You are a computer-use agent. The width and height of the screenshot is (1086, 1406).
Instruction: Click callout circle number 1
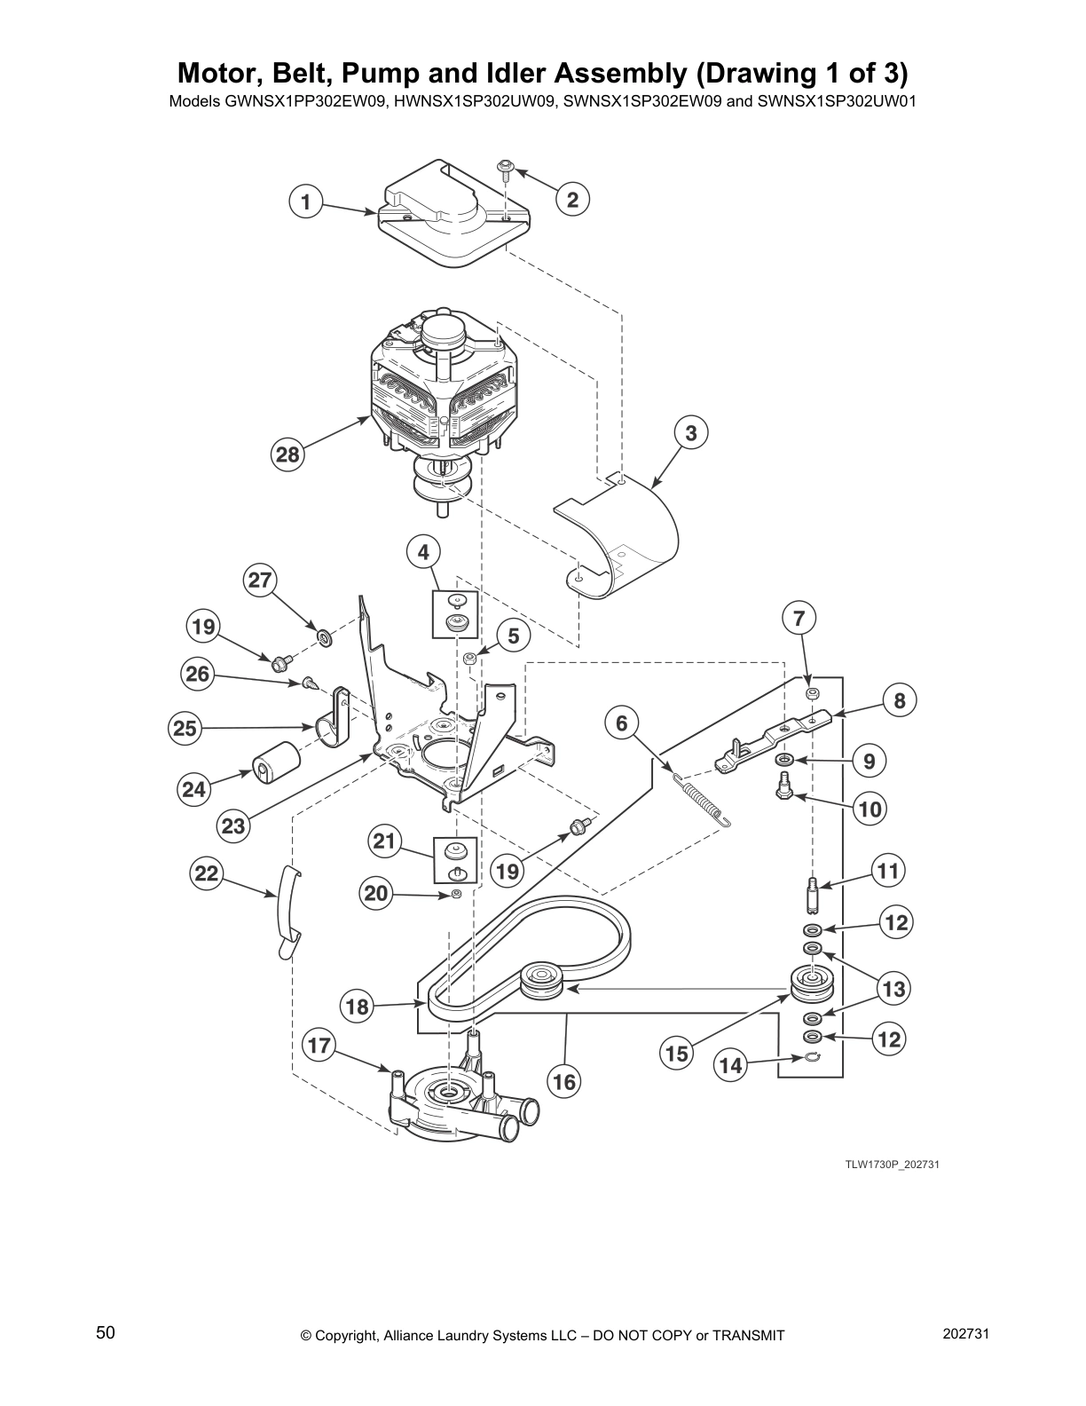[x=305, y=201]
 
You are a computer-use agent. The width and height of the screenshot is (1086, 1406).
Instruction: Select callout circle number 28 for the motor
[x=287, y=454]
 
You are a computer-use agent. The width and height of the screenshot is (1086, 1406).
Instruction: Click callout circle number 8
[x=899, y=701]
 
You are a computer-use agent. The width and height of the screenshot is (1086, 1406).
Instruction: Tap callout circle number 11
[x=888, y=872]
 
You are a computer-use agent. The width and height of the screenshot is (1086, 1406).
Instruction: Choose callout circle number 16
[x=564, y=1082]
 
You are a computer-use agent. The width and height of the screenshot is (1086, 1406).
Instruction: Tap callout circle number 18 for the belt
[x=357, y=1007]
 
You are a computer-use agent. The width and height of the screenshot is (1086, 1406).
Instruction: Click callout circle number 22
[x=206, y=873]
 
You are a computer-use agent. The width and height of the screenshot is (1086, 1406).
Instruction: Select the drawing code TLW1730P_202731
[x=891, y=1164]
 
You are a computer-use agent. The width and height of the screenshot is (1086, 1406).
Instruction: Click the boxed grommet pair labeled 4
[x=454, y=612]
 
